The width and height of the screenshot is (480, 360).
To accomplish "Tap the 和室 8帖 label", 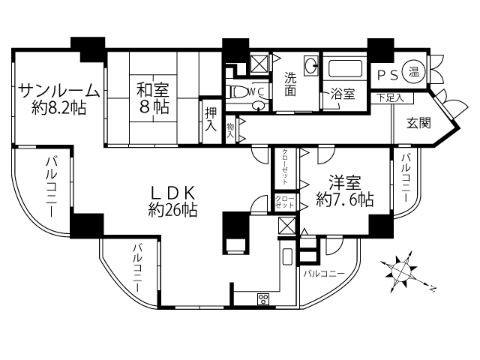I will point(152,97).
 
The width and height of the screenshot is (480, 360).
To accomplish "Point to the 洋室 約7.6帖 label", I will point(344,190).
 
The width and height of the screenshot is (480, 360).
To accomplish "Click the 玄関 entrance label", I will point(418,124).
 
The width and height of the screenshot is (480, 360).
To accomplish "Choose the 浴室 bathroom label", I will point(343,96).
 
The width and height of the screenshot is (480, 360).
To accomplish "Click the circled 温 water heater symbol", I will point(413,73).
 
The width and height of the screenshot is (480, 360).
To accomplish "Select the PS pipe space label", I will point(387,74).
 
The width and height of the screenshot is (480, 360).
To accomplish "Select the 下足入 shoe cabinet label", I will point(390,97).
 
